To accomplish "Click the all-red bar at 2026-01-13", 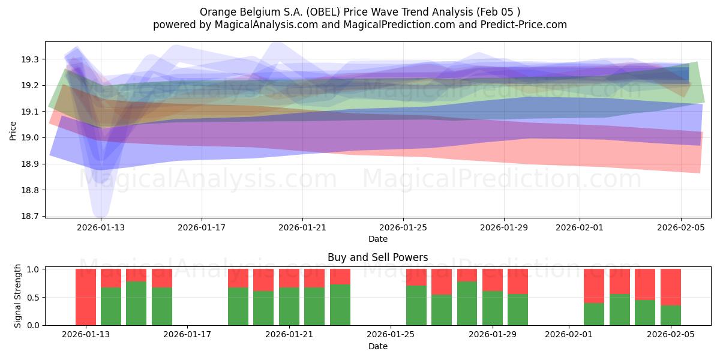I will (x=86, y=297).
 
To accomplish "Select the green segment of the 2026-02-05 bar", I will (x=670, y=315).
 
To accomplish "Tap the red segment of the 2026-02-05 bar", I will (x=670, y=287).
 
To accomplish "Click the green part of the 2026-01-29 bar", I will (x=492, y=308).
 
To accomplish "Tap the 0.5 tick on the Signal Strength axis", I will (x=32, y=297).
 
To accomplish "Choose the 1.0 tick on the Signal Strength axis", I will (x=32, y=269).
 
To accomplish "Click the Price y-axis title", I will (x=13, y=130).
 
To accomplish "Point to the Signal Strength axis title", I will (x=18, y=296).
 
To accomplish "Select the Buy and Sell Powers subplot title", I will (x=377, y=257).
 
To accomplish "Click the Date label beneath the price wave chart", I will (x=377, y=239).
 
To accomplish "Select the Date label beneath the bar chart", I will (x=377, y=346).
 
